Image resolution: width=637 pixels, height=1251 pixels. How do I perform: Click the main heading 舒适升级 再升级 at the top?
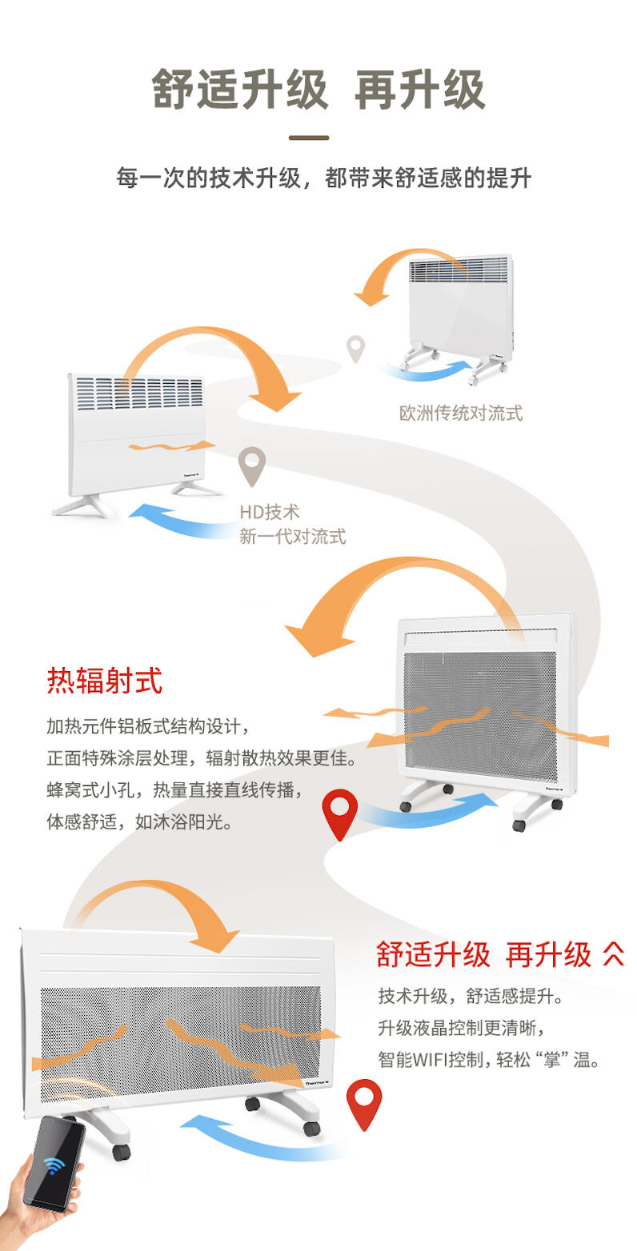318,90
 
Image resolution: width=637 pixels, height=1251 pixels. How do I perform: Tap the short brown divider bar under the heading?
309,138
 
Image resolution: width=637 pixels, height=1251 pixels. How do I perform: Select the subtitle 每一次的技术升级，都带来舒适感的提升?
323,178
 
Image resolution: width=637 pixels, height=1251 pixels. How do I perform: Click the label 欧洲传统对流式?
461,414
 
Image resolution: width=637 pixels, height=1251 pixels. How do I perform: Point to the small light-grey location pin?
355,347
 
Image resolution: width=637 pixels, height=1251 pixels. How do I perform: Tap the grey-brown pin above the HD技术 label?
252,465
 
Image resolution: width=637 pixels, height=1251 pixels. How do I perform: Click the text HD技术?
270,512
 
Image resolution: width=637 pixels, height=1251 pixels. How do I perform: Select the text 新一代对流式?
293,537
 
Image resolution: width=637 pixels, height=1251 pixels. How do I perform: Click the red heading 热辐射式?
105,680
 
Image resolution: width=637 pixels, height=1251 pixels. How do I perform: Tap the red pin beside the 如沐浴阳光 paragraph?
340,813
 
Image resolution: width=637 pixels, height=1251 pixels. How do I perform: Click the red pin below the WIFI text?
364,1104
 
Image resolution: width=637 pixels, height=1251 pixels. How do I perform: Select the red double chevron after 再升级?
613,954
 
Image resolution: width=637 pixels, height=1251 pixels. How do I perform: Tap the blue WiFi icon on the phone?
54,1166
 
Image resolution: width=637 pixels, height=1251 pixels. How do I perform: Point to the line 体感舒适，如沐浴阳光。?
139,821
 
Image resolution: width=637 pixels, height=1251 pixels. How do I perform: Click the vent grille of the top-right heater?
459,270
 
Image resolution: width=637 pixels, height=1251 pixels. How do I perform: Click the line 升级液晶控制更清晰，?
461,1028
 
